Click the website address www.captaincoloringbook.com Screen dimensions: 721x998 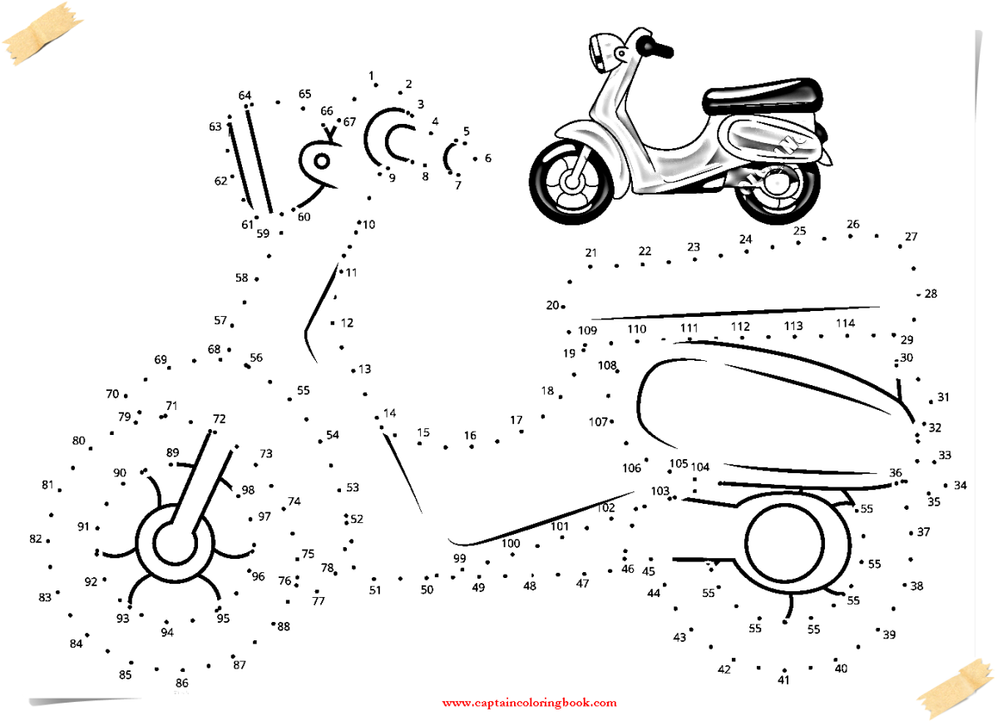click(x=529, y=703)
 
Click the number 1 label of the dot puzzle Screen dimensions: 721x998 click(x=371, y=76)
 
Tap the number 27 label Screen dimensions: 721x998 click(x=911, y=237)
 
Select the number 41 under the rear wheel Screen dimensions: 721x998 click(x=783, y=679)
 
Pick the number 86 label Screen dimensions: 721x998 click(x=181, y=683)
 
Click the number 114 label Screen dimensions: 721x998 click(x=845, y=323)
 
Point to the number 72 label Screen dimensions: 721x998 click(x=219, y=419)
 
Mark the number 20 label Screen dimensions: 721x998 click(x=552, y=305)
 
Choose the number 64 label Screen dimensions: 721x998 click(x=245, y=96)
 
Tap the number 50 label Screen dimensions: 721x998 click(x=427, y=590)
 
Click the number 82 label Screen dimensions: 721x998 click(x=35, y=539)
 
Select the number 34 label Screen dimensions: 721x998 click(x=960, y=485)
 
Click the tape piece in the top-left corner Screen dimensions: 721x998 click(x=42, y=31)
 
